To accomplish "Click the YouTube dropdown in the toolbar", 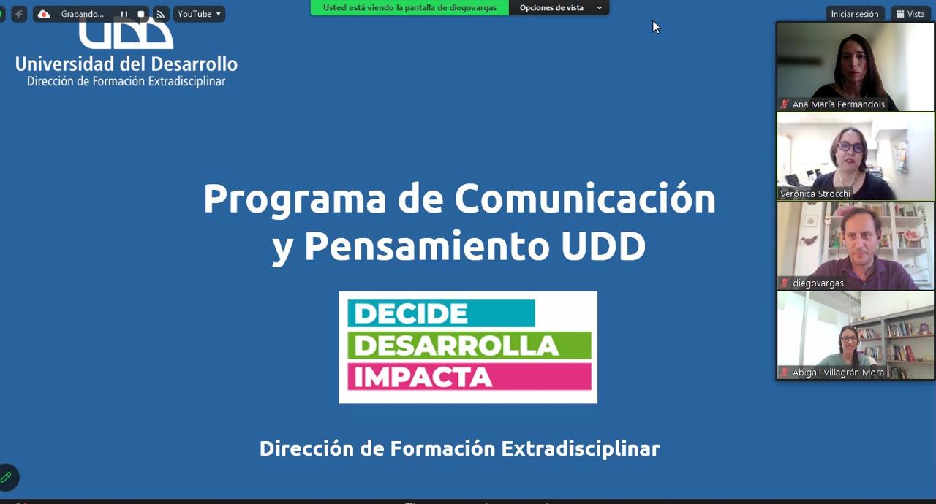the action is pyautogui.click(x=200, y=14).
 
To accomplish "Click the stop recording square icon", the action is pyautogui.click(x=141, y=14).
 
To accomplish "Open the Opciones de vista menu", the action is pyautogui.click(x=559, y=7).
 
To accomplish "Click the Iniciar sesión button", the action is pyautogui.click(x=855, y=14).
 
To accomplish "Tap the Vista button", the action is pyautogui.click(x=911, y=14).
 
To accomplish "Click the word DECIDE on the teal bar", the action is pyautogui.click(x=411, y=313).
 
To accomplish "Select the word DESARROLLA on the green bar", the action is pyautogui.click(x=456, y=345).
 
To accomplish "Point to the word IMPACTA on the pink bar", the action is pyautogui.click(x=423, y=377).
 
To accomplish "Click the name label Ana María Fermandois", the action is pyautogui.click(x=839, y=104).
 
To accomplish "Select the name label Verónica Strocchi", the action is pyautogui.click(x=815, y=194).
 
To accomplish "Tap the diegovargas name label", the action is pyautogui.click(x=818, y=283).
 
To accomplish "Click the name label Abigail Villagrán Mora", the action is pyautogui.click(x=838, y=373).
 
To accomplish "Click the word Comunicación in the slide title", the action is pyautogui.click(x=585, y=199).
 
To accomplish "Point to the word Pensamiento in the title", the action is pyautogui.click(x=426, y=245).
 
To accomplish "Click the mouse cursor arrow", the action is pyautogui.click(x=656, y=27).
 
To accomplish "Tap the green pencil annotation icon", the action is pyautogui.click(x=7, y=477).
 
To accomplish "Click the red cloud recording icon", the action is pyautogui.click(x=44, y=14).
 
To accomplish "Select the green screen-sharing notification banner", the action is pyautogui.click(x=409, y=7).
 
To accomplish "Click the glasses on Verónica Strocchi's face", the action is pyautogui.click(x=850, y=147).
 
